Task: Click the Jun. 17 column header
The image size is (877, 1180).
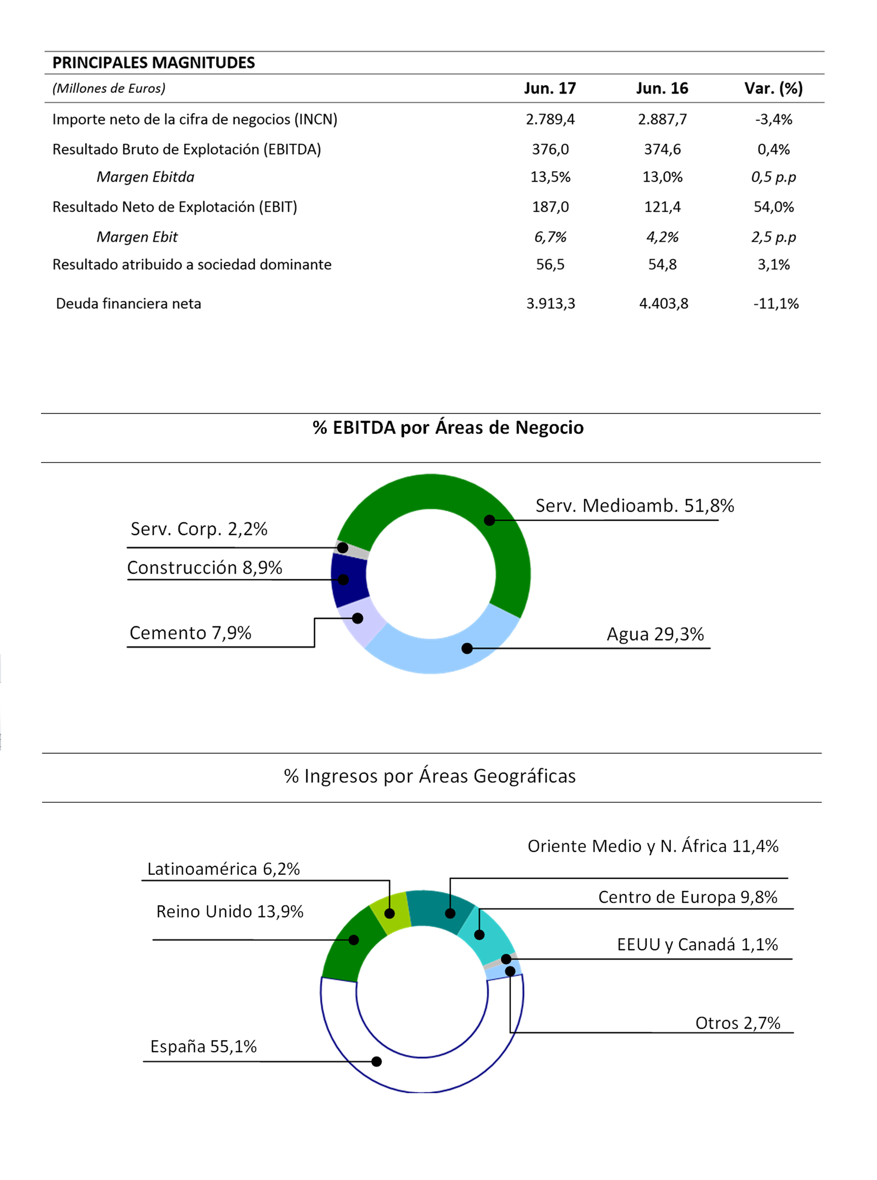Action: pyautogui.click(x=550, y=88)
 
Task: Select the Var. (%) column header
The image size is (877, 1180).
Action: pyautogui.click(x=773, y=88)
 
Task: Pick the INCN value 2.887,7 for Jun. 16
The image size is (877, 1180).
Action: pyautogui.click(x=662, y=119)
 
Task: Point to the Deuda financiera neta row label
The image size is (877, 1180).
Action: pyautogui.click(x=128, y=303)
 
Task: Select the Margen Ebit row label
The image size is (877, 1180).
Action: pyautogui.click(x=137, y=237)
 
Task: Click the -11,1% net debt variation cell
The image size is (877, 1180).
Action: pyautogui.click(x=776, y=303)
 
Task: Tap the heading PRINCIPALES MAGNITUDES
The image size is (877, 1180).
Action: pyautogui.click(x=153, y=63)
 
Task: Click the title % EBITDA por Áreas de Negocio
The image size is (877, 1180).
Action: pyautogui.click(x=448, y=428)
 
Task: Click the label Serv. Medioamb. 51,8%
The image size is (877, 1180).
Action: pyautogui.click(x=634, y=506)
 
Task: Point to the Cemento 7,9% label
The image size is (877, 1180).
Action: pyautogui.click(x=190, y=633)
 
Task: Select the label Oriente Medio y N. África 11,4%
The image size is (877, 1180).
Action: pyautogui.click(x=653, y=846)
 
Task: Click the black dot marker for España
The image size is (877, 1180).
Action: pyautogui.click(x=376, y=1061)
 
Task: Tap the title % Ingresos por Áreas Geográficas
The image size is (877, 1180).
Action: pyautogui.click(x=429, y=776)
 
